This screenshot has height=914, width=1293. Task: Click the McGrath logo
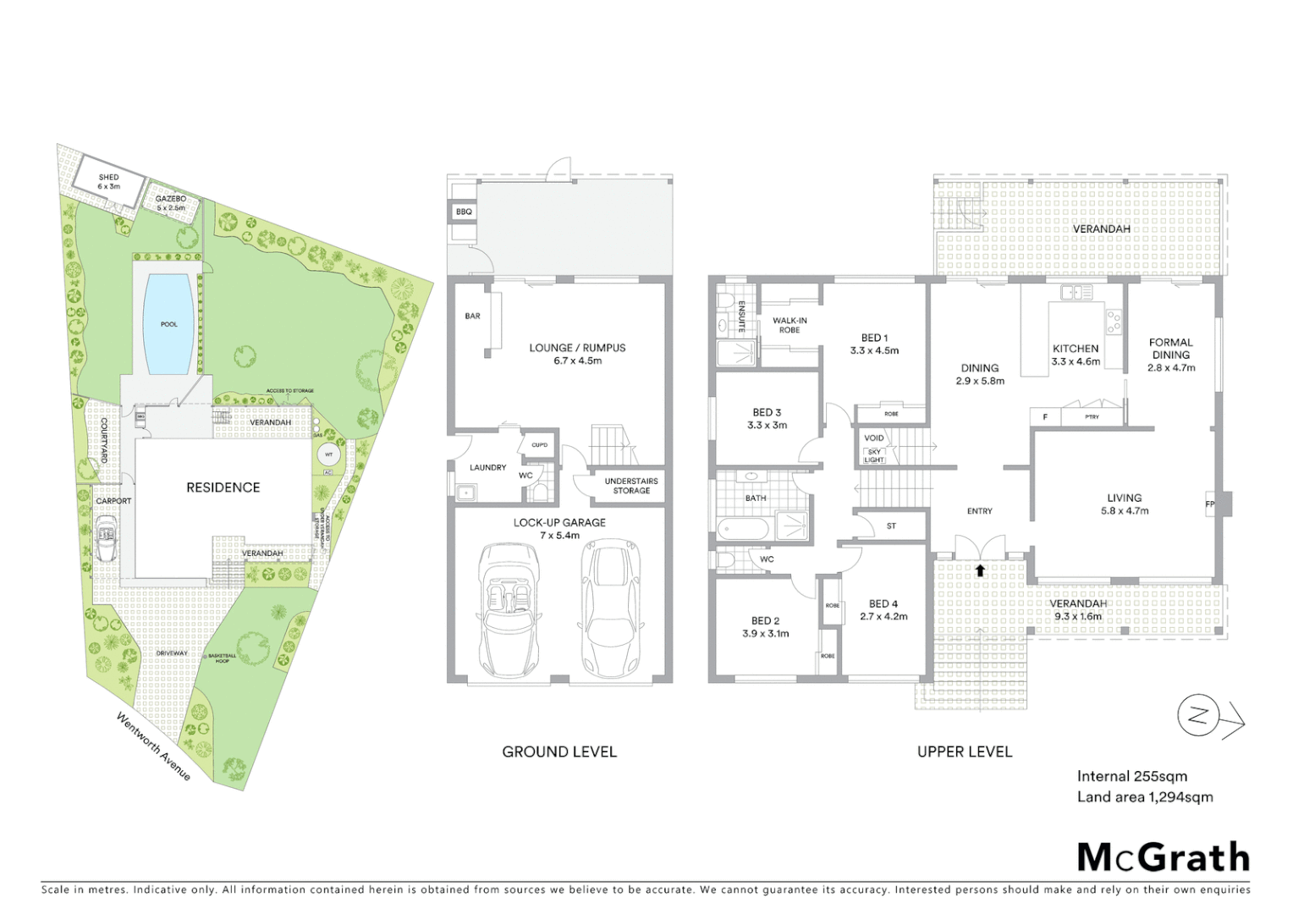pos(1163,856)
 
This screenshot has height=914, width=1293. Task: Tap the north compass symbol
pos(1197,716)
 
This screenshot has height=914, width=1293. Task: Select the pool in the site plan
pos(169,324)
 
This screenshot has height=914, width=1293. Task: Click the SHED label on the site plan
pos(108,178)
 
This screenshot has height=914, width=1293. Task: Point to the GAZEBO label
pos(170,199)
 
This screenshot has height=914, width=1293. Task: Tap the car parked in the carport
pos(107,539)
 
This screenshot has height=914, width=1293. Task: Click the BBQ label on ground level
pos(464,212)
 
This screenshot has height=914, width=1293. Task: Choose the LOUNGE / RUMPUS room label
pos(577,348)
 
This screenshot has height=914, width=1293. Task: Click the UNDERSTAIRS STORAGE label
pos(630,486)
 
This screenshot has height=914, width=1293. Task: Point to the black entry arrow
pos(980,570)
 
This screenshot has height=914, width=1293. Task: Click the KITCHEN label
pos(1076,349)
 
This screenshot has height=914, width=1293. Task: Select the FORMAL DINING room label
pos(1171,349)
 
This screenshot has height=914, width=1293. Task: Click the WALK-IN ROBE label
pos(790,325)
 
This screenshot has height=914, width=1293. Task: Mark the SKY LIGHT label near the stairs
pos(874,456)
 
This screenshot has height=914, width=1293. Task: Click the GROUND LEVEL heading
pos(559,752)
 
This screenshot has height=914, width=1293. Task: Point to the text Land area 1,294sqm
pos(1145,797)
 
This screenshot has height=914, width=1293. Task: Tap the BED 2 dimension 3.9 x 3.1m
pos(766,634)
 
